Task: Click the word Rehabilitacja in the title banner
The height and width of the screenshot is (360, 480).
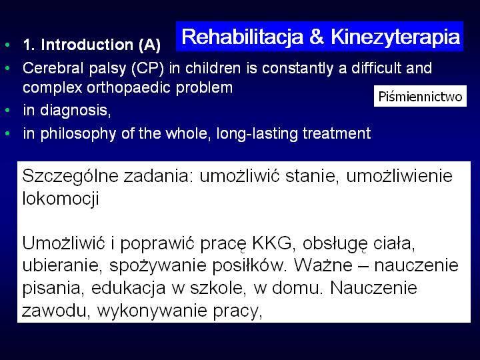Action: (242, 37)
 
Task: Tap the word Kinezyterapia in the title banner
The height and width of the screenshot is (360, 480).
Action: (395, 37)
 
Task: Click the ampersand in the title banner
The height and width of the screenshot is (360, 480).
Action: (317, 37)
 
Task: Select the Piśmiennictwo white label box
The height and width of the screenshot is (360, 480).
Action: (420, 96)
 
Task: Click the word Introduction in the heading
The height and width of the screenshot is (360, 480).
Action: (87, 45)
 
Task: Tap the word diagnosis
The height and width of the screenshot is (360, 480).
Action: (75, 110)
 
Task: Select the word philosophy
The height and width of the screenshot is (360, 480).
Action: (78, 134)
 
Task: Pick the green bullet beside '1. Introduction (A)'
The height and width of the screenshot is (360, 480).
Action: (7, 45)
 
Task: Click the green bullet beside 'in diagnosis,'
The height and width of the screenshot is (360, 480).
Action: (7, 110)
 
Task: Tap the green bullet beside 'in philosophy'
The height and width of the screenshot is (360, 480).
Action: (7, 133)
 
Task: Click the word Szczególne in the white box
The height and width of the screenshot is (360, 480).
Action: (70, 177)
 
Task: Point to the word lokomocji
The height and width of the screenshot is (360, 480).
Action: (61, 199)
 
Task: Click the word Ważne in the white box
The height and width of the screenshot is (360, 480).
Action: (323, 265)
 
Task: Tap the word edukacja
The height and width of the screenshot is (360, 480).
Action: (128, 288)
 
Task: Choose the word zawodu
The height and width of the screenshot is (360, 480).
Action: (56, 311)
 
